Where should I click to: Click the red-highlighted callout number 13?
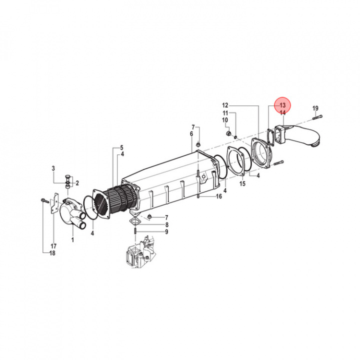click(282, 105)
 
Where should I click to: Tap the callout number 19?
click(315, 108)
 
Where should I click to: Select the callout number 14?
click(282, 113)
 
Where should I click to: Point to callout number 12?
click(225, 105)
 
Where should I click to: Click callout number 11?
click(225, 113)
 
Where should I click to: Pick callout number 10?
click(225, 120)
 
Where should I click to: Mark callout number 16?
click(218, 196)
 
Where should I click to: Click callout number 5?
click(121, 148)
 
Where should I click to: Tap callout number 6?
click(191, 134)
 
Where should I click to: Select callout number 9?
click(166, 231)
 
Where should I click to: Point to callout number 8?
click(166, 224)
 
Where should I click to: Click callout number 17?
click(53, 246)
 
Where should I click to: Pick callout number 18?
click(53, 253)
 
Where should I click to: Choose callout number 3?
click(53, 170)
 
